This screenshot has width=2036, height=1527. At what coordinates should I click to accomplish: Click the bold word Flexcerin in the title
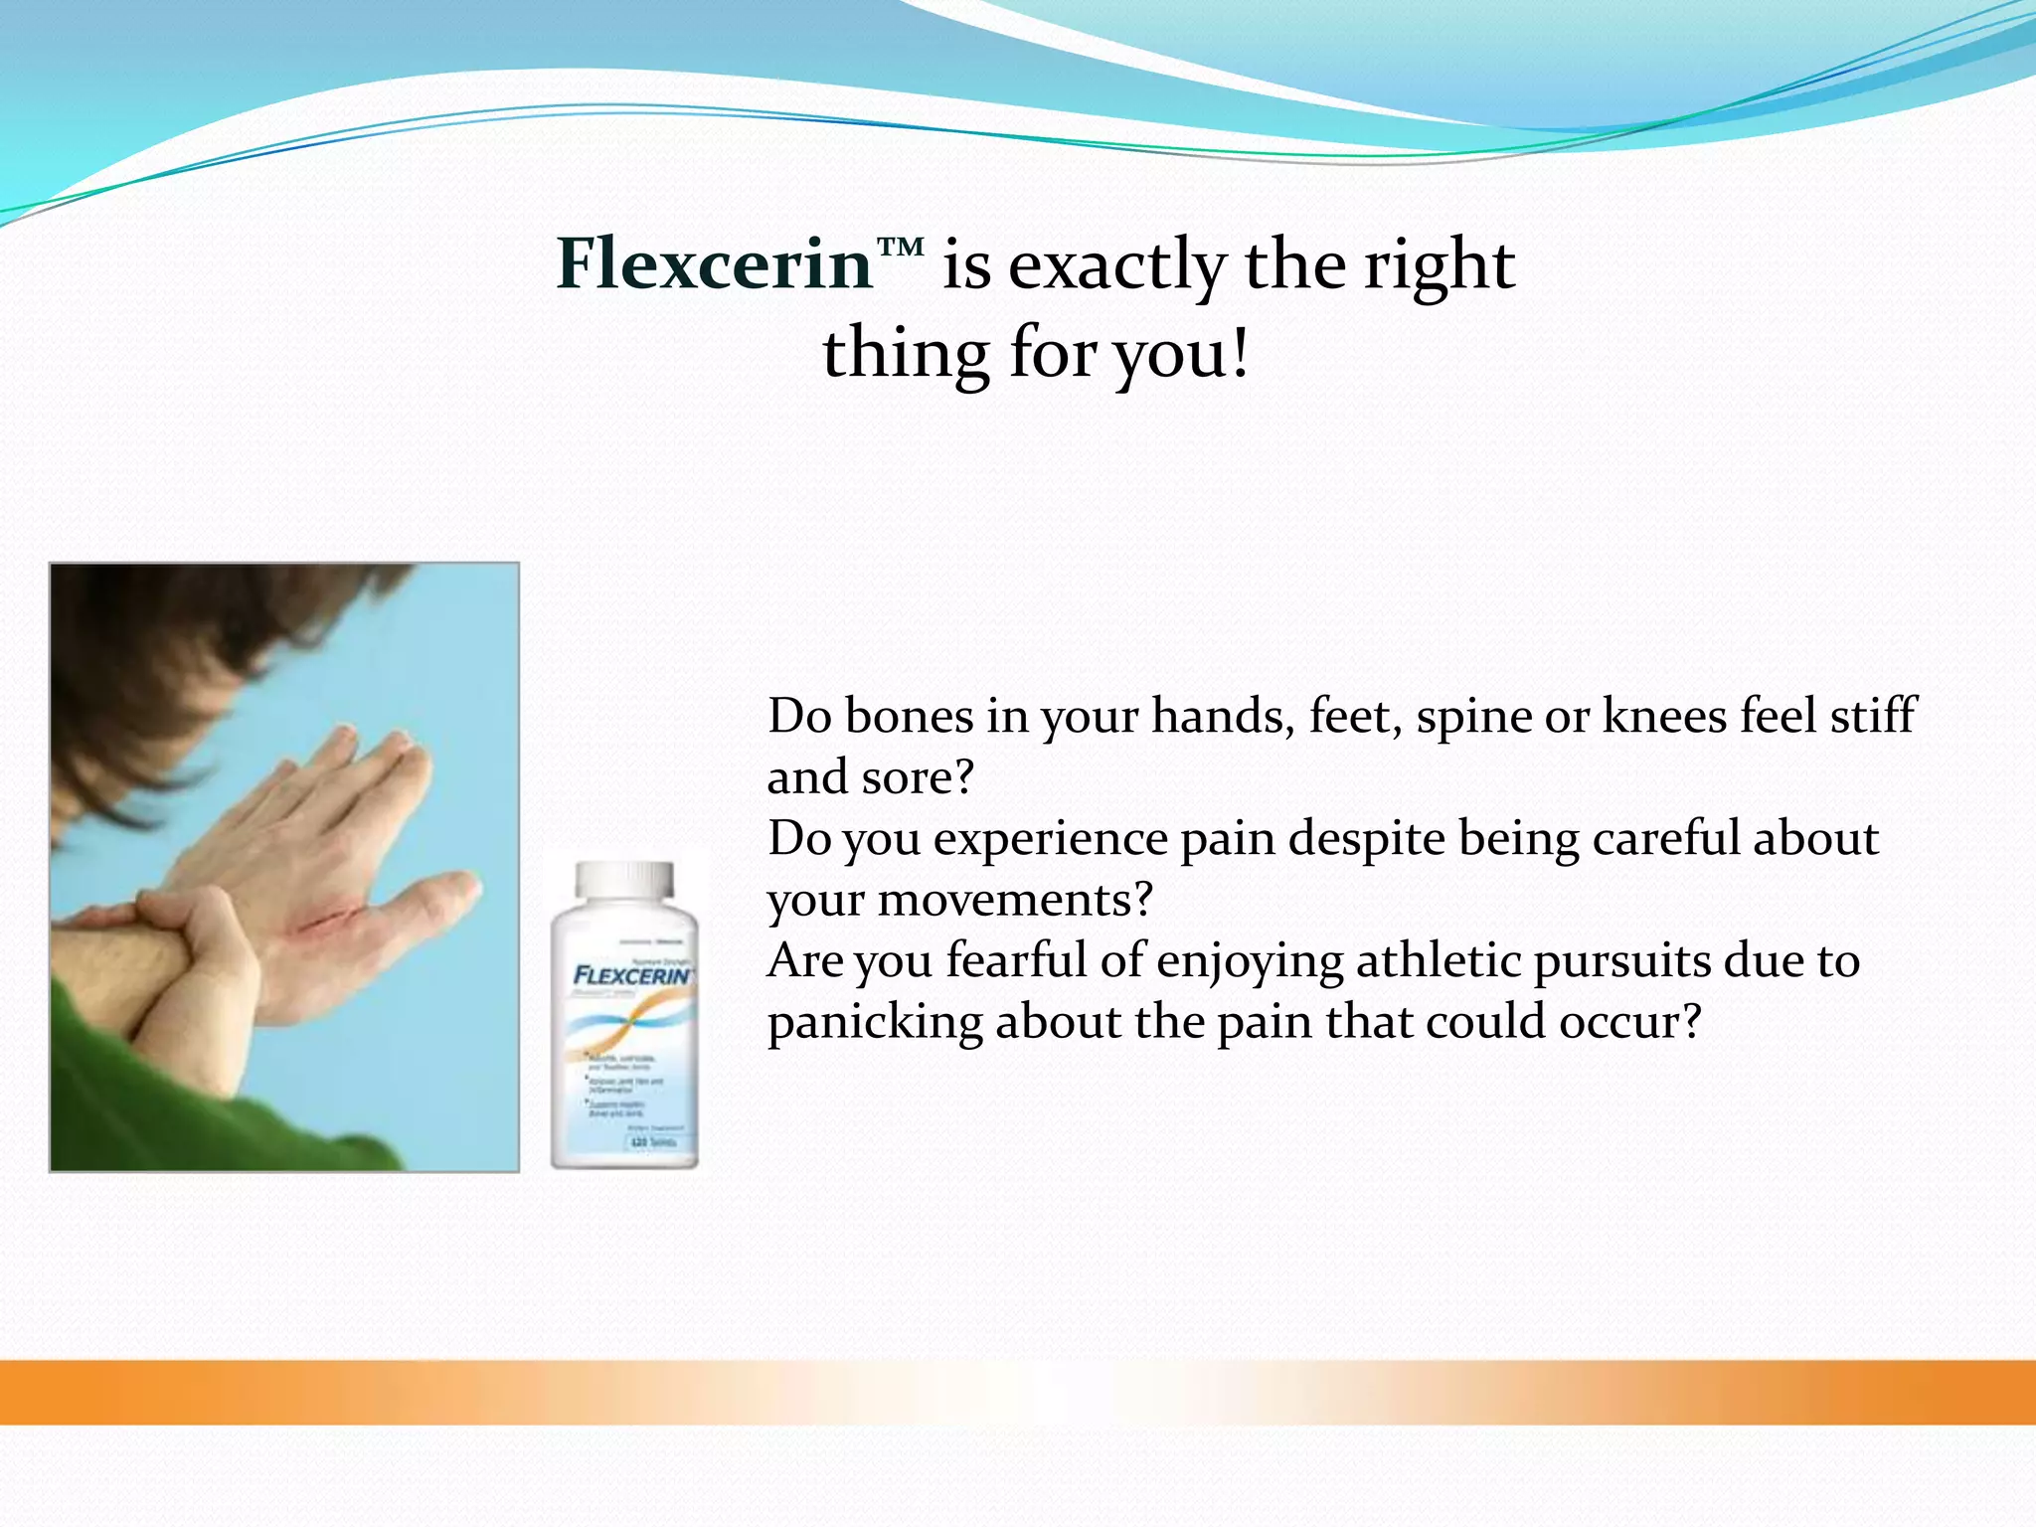pyautogui.click(x=714, y=264)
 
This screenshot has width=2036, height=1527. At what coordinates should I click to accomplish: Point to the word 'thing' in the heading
pyautogui.click(x=906, y=355)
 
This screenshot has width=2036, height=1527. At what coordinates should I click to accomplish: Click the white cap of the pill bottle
pyautogui.click(x=624, y=880)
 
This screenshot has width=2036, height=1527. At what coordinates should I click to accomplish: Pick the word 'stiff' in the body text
pyautogui.click(x=1873, y=716)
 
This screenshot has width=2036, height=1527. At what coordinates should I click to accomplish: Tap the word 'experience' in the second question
pyautogui.click(x=1050, y=839)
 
